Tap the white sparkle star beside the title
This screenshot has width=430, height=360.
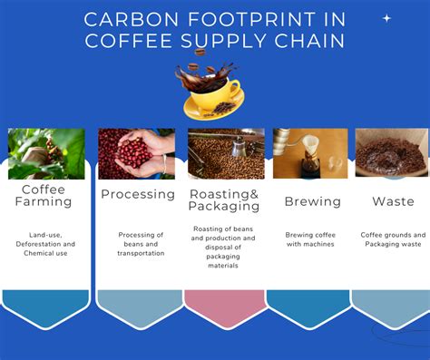tap(386, 18)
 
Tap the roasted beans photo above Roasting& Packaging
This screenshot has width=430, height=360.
tap(226, 152)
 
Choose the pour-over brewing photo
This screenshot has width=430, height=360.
tap(310, 152)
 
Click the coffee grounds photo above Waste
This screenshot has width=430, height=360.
tap(392, 152)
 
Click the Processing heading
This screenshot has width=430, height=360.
tap(138, 194)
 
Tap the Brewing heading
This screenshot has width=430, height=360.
tap(312, 201)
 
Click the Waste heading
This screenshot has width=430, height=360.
tap(393, 201)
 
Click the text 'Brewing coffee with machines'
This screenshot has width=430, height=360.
tap(310, 239)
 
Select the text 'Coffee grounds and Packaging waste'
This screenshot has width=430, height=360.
tap(393, 239)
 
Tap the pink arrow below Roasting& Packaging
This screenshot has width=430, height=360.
tap(225, 307)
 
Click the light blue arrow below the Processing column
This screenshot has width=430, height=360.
tap(138, 307)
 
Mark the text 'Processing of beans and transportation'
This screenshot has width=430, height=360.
tap(141, 244)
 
